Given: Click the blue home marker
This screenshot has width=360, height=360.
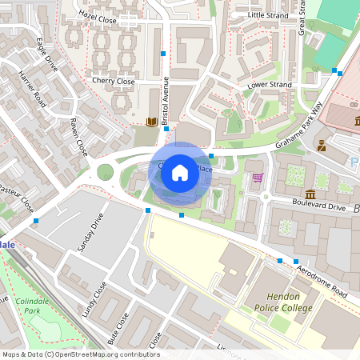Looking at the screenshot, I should coord(180,172).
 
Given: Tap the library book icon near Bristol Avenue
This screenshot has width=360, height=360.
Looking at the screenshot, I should coord(151,122).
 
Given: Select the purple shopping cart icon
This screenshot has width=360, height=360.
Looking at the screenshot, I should coord(258,178).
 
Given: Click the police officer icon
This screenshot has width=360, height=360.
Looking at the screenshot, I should coord(322,146).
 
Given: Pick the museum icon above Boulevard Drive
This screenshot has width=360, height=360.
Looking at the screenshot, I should coord(310,194).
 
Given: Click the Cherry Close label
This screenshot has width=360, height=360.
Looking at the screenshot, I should coord(113,81).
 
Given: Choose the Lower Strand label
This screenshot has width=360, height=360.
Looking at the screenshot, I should coord(269,84).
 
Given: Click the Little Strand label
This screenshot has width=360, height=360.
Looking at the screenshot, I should coord(268,14).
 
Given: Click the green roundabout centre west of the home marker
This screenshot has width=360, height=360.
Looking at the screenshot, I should coord(105,170).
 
